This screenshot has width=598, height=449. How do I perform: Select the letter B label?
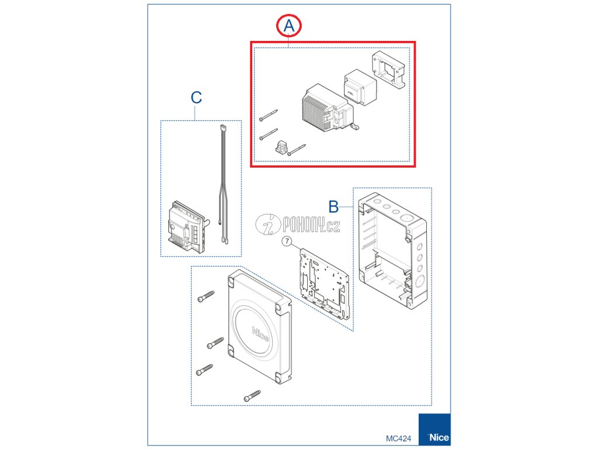coord(333,206)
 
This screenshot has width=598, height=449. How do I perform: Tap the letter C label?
coord(196,98)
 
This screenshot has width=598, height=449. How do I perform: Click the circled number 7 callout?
coord(287,241)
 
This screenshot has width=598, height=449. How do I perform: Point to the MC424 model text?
coord(398,438)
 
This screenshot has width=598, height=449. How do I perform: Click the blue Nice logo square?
coord(434,429)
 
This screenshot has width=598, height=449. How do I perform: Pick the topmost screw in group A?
coord(268,115)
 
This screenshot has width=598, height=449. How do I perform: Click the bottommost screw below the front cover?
coord(252,395)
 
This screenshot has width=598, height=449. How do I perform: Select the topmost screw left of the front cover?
coord(206,296)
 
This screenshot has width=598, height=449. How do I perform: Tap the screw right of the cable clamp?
coord(297,150)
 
